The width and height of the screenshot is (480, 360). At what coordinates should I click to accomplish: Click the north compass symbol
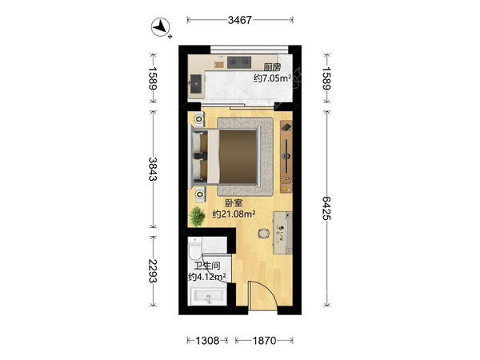pyautogui.click(x=161, y=27)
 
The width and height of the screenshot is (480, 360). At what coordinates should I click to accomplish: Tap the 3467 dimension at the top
pyautogui.click(x=240, y=20)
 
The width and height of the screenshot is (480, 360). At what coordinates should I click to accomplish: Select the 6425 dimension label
pyautogui.click(x=326, y=208)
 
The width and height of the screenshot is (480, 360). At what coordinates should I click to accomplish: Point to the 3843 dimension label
pyautogui.click(x=153, y=169)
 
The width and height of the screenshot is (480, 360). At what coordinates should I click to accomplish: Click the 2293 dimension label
pyautogui.click(x=153, y=271)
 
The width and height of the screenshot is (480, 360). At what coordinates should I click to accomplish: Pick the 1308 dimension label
pyautogui.click(x=207, y=341)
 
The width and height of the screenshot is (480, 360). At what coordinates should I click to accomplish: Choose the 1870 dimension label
pyautogui.click(x=264, y=341)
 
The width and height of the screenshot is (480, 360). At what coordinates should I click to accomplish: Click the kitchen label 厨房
pyautogui.click(x=272, y=67)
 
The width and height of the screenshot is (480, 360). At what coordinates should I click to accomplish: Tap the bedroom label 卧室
pyautogui.click(x=234, y=203)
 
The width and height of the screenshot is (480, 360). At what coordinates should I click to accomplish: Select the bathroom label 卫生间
pyautogui.click(x=207, y=266)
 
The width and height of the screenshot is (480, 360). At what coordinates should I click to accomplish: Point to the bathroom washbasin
pyautogui.click(x=208, y=297)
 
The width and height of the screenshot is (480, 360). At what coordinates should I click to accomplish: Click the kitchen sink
pyautogui.click(x=195, y=84)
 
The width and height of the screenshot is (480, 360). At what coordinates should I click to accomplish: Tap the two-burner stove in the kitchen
pyautogui.click(x=239, y=62)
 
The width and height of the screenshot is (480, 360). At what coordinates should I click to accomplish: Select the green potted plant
pyautogui.click(x=197, y=217)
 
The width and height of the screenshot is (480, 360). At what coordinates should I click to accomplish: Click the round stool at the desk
pyautogui.click(x=263, y=234)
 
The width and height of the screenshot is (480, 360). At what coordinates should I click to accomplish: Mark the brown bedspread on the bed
pyautogui.click(x=238, y=157)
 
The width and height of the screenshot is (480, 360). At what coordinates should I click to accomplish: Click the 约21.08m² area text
pyautogui.click(x=234, y=214)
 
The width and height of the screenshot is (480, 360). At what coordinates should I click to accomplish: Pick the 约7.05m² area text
pyautogui.click(x=272, y=78)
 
